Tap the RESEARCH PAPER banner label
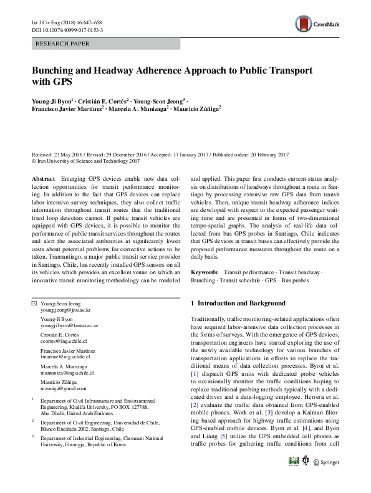[63, 44]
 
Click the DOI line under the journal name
[67, 29]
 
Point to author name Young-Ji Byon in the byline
[52, 100]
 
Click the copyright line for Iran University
[85, 161]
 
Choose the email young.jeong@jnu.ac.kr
[65, 310]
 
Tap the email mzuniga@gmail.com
[60, 388]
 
